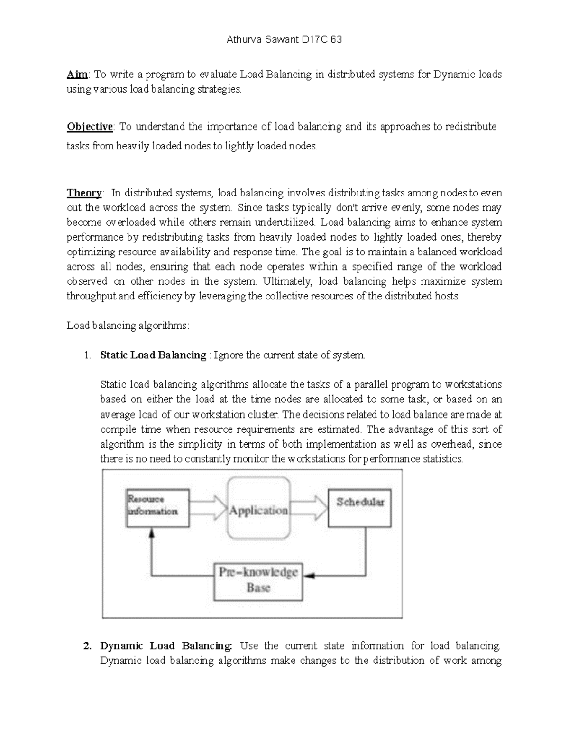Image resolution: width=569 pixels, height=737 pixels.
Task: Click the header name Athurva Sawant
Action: point(262,40)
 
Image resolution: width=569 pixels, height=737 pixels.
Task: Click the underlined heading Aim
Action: point(77,75)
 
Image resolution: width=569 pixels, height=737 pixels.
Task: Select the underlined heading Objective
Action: point(90,127)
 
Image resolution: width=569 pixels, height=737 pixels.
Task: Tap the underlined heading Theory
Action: point(84,193)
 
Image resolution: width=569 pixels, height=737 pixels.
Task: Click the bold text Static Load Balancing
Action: point(153,355)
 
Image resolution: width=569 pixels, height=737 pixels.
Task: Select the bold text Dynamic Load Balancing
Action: point(166,646)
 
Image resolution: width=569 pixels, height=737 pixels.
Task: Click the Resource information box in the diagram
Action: point(157,508)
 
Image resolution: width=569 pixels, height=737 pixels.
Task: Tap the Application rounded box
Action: point(258,508)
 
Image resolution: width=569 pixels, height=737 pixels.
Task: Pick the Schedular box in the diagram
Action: point(359,508)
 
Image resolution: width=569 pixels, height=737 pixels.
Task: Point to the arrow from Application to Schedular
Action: point(309,508)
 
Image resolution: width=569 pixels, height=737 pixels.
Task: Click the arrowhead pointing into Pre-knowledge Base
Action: point(309,576)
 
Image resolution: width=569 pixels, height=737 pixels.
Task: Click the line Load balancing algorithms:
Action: point(128,326)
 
